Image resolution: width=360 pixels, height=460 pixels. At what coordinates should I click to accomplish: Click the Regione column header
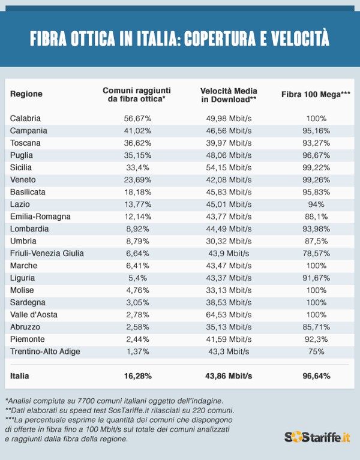[26, 94]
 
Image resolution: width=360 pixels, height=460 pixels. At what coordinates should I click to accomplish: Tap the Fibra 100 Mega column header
[316, 94]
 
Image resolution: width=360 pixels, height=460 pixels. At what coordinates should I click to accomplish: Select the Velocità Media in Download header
[228, 94]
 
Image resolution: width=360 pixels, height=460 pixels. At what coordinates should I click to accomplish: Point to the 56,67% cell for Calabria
[137, 118]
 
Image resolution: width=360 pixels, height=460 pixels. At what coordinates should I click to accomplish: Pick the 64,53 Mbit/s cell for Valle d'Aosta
[228, 314]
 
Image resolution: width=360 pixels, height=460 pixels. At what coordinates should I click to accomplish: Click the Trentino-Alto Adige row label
[45, 351]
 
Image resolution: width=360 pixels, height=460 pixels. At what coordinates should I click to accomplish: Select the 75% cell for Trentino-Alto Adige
[316, 351]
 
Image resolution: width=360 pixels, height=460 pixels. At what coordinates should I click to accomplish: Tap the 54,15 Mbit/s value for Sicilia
[228, 167]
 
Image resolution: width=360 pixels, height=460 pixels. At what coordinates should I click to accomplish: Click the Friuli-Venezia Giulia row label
[47, 253]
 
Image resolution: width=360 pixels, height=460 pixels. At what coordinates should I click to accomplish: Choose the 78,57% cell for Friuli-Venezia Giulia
[316, 253]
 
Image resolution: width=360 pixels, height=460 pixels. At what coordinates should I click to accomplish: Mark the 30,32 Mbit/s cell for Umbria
[228, 240]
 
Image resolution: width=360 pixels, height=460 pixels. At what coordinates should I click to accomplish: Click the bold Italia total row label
[20, 376]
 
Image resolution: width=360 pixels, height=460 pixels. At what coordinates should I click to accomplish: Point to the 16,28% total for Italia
[137, 376]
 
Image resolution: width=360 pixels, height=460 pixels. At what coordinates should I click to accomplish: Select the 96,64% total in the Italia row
[316, 376]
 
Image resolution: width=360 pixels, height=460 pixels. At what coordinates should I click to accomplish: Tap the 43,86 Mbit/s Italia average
[228, 376]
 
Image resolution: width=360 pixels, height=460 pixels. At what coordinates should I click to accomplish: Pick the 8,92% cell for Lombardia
[137, 229]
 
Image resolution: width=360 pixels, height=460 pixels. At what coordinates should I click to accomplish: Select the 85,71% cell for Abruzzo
[316, 326]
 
